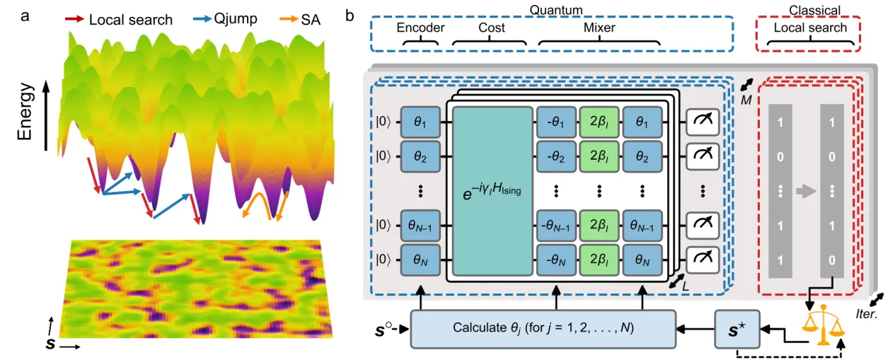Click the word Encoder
pyautogui.click(x=420, y=28)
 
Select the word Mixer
pyautogui.click(x=599, y=28)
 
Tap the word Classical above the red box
pyautogui.click(x=810, y=9)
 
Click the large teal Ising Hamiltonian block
pyautogui.click(x=492, y=191)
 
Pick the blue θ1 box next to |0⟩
pyautogui.click(x=420, y=121)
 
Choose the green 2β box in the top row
pyautogui.click(x=599, y=121)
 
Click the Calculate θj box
pyautogui.click(x=541, y=329)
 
